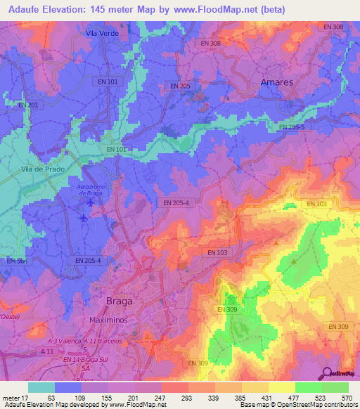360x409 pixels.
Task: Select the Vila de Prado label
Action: (x=43, y=169)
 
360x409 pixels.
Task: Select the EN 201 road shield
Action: (x=28, y=105)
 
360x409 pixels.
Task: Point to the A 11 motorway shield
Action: (x=47, y=350)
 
